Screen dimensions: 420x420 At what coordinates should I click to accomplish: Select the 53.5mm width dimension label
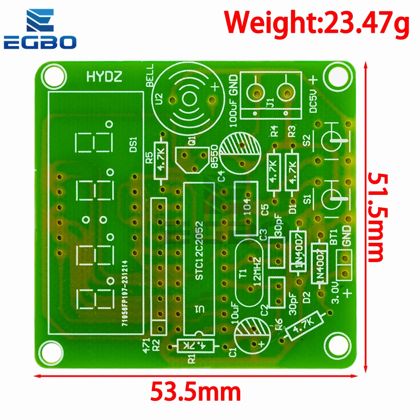click(x=196, y=392)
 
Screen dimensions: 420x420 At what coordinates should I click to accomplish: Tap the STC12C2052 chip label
click(x=200, y=250)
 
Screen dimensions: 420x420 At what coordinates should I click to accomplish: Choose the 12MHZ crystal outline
click(x=250, y=269)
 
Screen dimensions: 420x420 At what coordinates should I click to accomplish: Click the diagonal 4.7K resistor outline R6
click(x=303, y=326)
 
